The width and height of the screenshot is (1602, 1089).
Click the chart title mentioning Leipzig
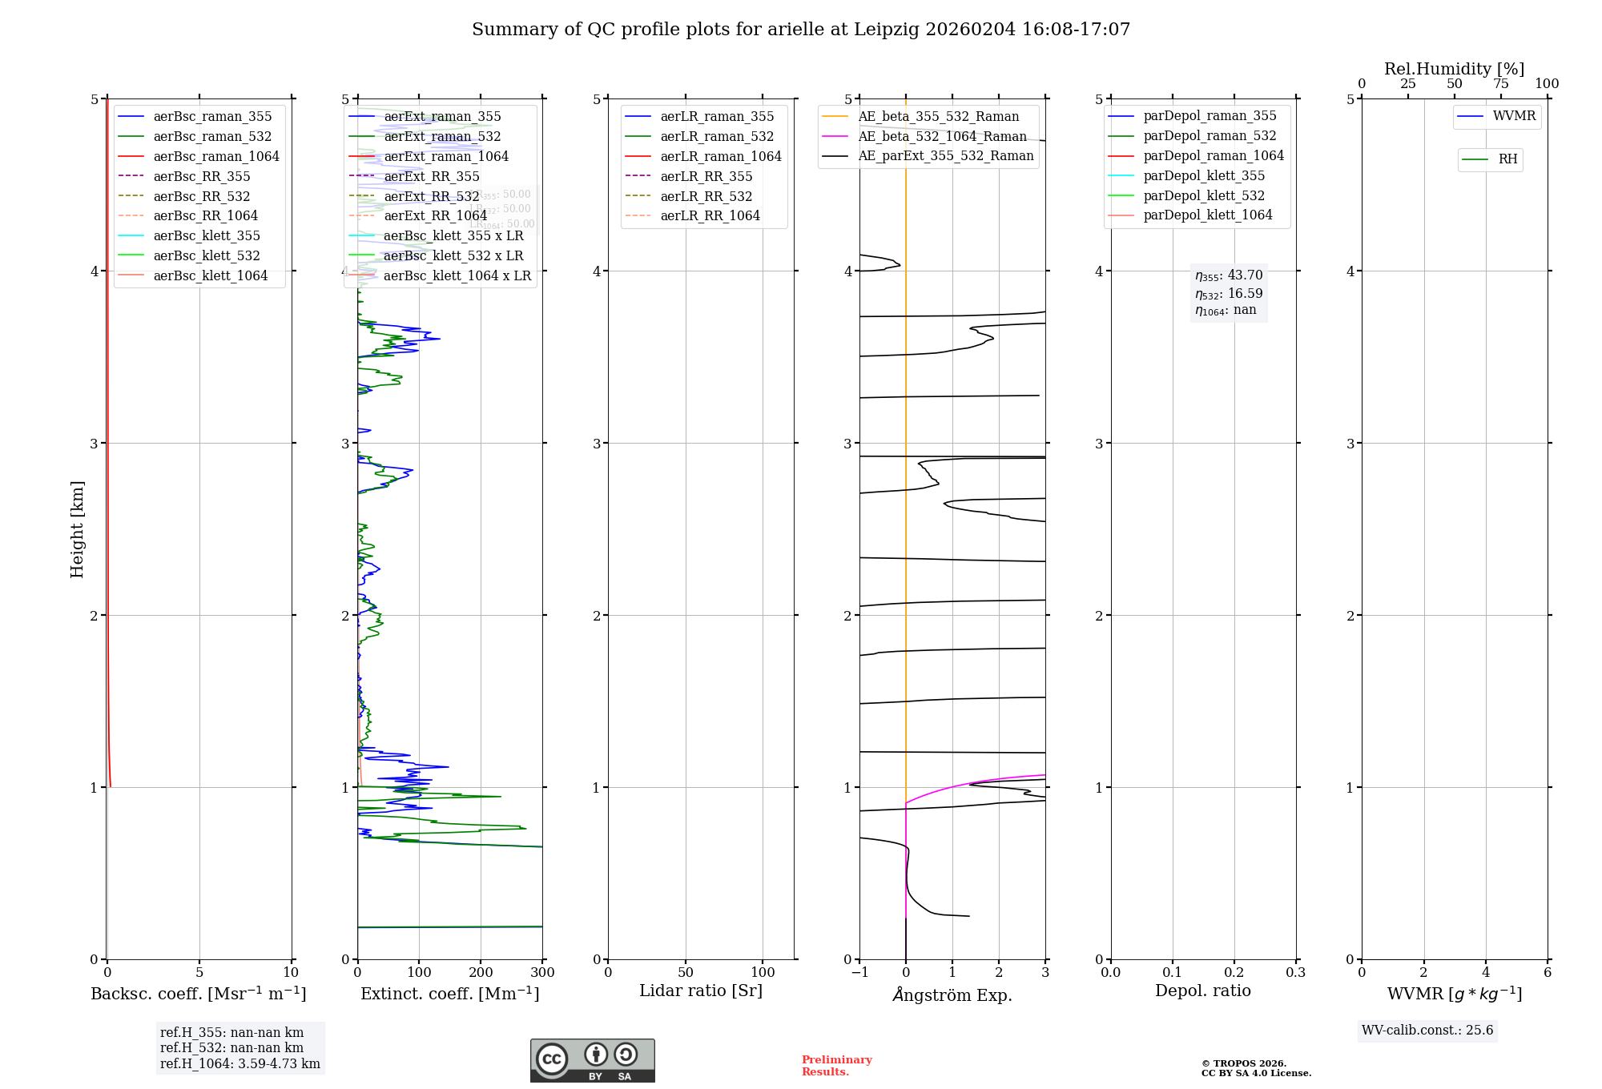[801, 30]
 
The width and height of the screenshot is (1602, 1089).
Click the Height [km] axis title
[77, 529]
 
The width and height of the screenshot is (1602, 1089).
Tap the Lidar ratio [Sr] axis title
[701, 991]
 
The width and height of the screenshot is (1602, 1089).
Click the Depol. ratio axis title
[1202, 991]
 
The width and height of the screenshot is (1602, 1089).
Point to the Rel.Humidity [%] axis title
[1454, 69]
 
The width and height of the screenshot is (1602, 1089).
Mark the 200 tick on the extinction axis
[481, 973]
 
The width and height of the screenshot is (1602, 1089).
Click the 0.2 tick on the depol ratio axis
[1234, 973]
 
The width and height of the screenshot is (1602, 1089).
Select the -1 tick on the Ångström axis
[859, 973]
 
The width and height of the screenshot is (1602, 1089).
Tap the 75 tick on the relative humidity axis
[1500, 84]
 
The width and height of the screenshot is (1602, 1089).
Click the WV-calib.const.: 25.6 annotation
[1427, 1031]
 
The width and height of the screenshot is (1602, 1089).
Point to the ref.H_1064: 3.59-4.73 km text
[239, 1064]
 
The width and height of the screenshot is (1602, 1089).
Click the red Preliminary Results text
[836, 1066]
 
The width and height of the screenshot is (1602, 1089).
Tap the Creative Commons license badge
[592, 1061]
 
